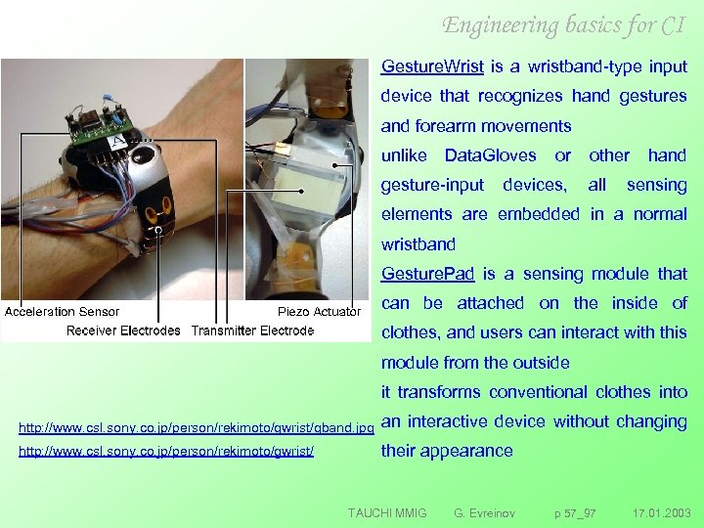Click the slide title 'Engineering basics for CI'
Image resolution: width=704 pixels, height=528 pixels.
[x=563, y=24]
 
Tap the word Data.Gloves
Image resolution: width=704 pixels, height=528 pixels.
[x=490, y=155]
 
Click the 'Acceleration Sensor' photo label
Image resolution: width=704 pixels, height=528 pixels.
[x=63, y=312]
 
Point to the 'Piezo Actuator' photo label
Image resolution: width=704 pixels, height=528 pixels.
[x=320, y=312]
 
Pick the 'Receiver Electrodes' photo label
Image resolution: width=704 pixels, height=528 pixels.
[x=123, y=330]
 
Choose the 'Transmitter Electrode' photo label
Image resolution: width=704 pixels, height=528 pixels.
[x=252, y=330]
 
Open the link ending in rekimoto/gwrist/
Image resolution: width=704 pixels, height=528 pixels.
[x=166, y=453]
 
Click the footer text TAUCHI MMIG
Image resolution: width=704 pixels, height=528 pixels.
[x=387, y=512]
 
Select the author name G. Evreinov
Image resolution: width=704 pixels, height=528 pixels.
[x=486, y=512]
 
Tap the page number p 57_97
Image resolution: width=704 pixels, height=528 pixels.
[x=575, y=512]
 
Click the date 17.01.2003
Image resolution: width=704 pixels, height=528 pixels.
[x=661, y=512]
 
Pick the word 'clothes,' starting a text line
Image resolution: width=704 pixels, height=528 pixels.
[x=410, y=331]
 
